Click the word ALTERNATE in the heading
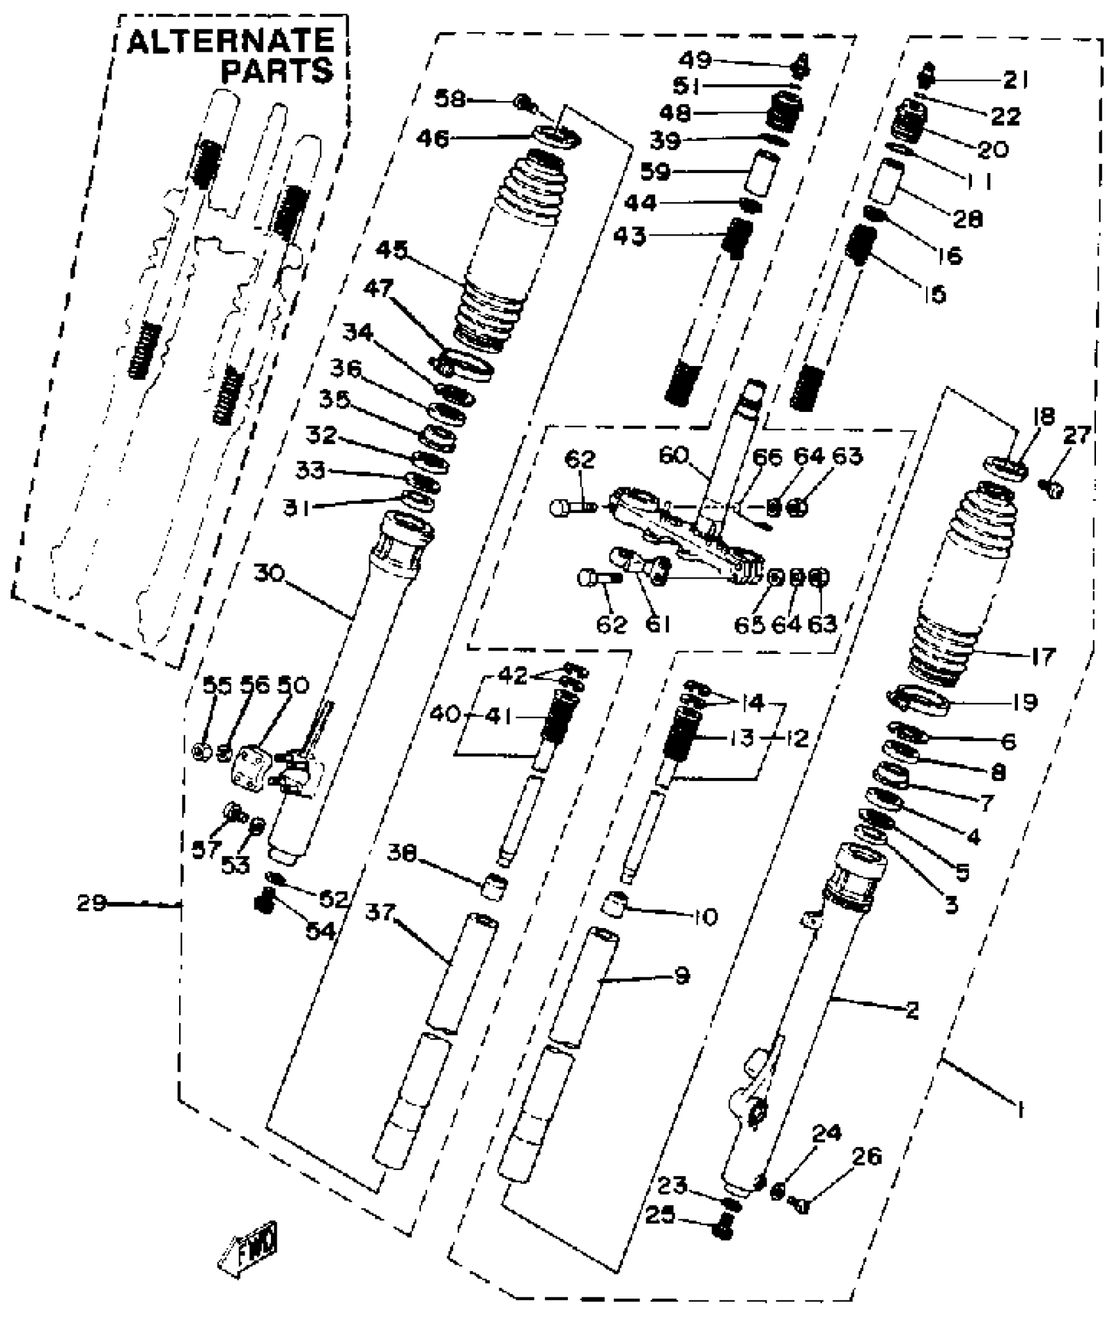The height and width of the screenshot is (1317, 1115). [x=230, y=42]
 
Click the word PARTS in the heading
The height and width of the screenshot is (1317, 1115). [x=277, y=71]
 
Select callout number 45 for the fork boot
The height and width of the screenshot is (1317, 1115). [x=392, y=251]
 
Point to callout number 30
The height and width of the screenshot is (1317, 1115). [x=269, y=574]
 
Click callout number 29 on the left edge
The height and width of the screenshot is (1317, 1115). [x=91, y=903]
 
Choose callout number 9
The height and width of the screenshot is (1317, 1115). [x=682, y=975]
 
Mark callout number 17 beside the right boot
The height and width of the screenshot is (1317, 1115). [x=1043, y=655]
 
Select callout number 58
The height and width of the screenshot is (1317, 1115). [x=449, y=99]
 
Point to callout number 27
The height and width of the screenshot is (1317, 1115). [x=1078, y=434]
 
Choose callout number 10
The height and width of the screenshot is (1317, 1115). [x=705, y=916]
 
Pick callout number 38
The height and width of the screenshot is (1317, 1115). [x=402, y=853]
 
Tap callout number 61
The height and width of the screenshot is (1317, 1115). [x=658, y=624]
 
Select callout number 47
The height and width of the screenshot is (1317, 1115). [x=378, y=288]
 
